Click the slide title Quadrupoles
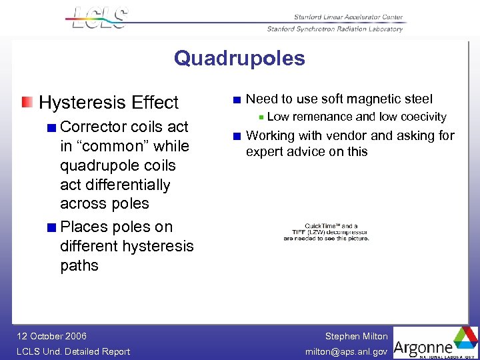(239, 59)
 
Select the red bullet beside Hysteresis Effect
(26, 102)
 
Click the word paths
(79, 265)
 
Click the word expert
(265, 151)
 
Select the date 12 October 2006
(51, 336)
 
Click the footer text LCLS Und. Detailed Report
(73, 351)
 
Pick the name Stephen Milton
(356, 336)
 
